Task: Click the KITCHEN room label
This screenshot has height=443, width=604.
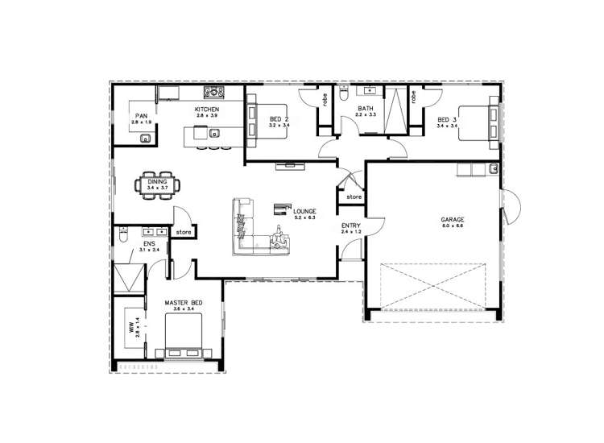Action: tap(207, 109)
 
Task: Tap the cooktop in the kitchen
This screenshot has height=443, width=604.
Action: tap(213, 93)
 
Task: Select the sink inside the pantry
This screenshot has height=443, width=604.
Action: tap(145, 139)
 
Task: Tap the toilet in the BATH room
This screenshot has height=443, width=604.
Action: tap(344, 95)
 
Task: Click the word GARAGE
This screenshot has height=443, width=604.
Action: tap(453, 219)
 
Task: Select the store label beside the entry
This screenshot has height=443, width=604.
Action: tap(354, 196)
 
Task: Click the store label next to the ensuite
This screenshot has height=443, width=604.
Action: tap(184, 232)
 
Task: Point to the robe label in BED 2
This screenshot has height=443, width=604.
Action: tap(324, 101)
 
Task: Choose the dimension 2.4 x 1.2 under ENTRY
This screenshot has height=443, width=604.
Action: tap(350, 232)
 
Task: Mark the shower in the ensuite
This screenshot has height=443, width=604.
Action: tap(127, 279)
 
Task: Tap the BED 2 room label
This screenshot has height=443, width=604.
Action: tap(279, 120)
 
